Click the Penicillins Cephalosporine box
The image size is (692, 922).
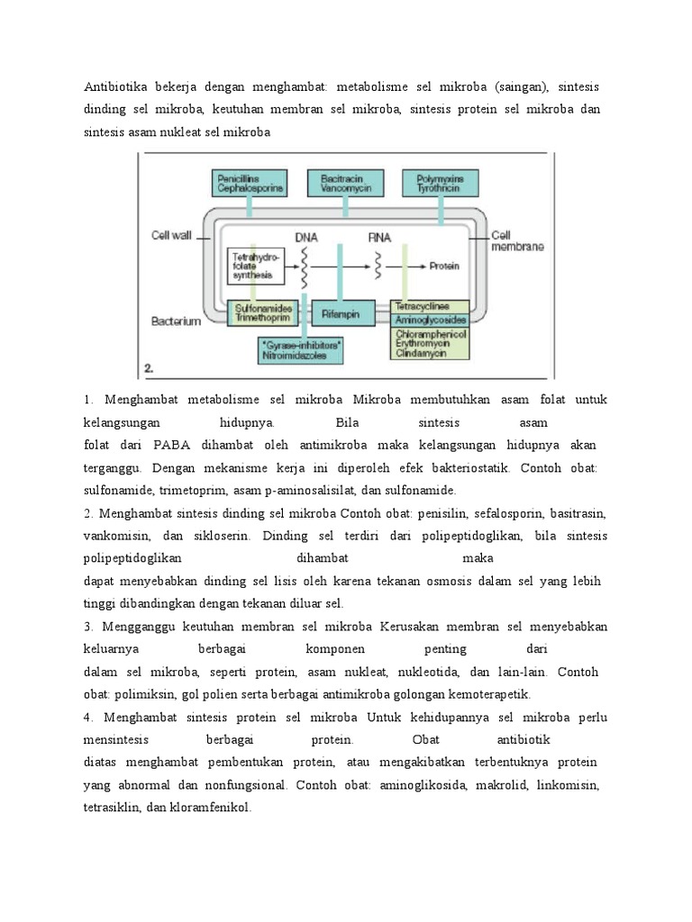pos(250,184)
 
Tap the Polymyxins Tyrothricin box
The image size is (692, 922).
pos(441,184)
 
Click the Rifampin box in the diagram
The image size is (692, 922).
pos(339,312)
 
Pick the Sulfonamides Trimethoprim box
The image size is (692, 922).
pos(263,312)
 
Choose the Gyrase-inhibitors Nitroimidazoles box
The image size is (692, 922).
pos(302,349)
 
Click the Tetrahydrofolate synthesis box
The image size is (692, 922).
pos(257,266)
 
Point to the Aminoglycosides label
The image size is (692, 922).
pos(430,320)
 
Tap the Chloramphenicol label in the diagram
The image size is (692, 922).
pos(430,334)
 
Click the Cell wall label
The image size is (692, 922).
pos(171,236)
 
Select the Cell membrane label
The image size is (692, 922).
pos(516,240)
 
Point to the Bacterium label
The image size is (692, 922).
pos(176,321)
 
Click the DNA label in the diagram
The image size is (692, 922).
pos(306,237)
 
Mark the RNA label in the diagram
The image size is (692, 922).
pos(379,237)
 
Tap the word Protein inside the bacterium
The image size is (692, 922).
pos(445,267)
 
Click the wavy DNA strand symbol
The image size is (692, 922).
pos(306,267)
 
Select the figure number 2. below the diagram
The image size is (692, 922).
pos(150,367)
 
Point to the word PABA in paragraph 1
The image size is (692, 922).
pos(170,445)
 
